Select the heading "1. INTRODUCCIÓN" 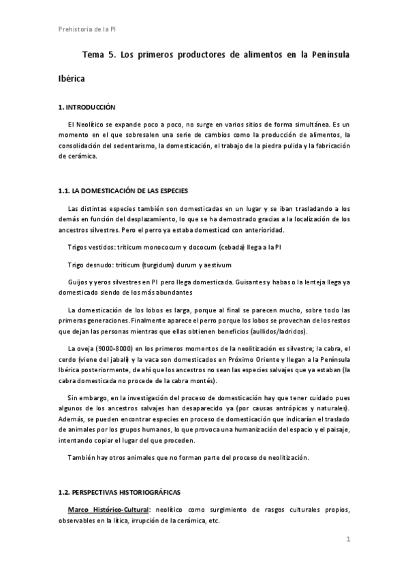point(87,108)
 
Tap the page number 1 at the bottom point(347,540)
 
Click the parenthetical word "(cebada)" point(217,246)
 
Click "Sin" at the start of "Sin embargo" point(74,396)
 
